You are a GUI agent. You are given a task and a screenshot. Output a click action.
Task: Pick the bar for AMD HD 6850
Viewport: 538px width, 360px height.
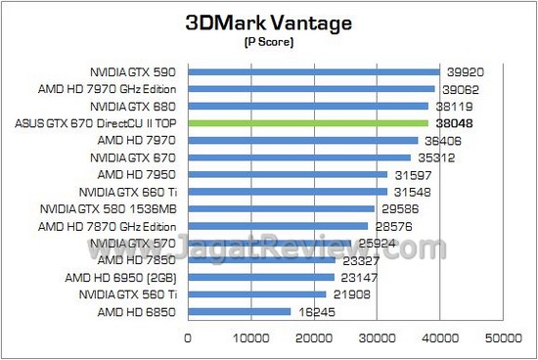239,312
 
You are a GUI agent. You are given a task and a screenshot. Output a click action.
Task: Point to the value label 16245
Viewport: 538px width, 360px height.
315,312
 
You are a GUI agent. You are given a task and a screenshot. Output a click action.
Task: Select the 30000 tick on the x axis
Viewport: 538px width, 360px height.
377,338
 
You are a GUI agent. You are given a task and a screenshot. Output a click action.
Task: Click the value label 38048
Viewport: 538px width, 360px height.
452,123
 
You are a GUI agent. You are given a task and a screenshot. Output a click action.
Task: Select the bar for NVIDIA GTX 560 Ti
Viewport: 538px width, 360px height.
256,294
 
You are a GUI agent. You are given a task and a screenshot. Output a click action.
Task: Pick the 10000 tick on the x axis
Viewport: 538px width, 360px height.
250,338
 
